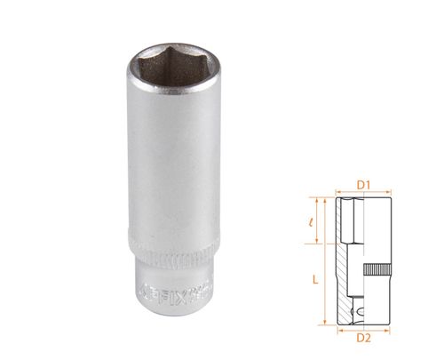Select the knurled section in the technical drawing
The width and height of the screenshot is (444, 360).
click(379, 269)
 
